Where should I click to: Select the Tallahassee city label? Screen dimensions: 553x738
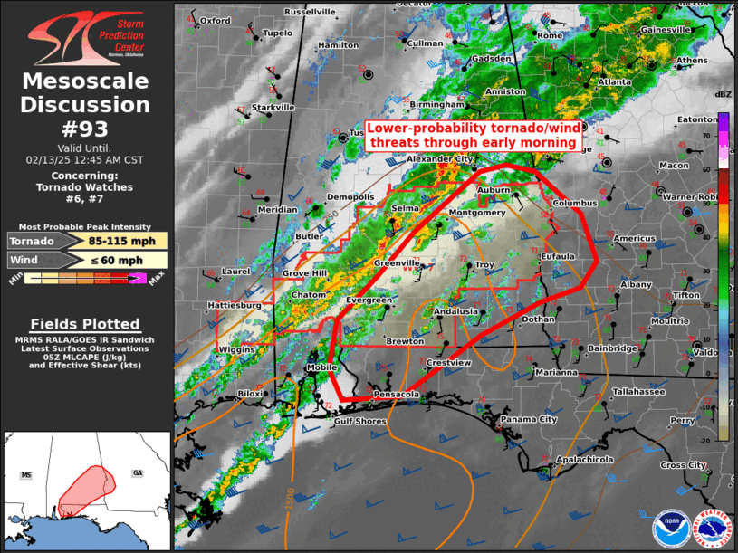[637, 392]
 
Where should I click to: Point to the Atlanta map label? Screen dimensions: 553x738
[614, 81]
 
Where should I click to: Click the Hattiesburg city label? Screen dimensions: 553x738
[234, 306]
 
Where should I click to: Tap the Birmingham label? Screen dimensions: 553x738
[436, 105]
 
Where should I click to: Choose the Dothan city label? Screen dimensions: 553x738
[538, 319]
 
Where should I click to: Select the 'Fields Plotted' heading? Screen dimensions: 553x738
[85, 324]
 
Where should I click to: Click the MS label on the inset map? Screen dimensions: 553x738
[26, 474]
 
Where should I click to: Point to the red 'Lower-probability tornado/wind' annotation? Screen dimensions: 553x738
[471, 136]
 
